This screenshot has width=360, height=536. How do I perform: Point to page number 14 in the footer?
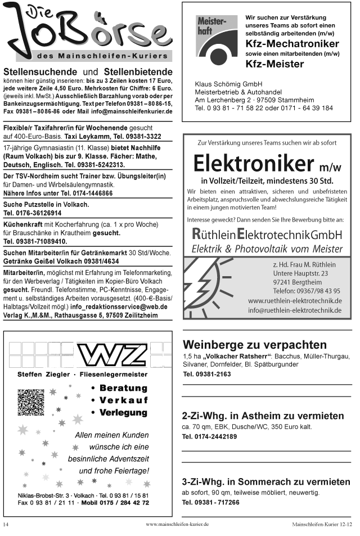6,524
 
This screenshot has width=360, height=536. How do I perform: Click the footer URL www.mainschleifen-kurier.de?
177,524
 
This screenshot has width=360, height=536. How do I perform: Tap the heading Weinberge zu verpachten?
254,344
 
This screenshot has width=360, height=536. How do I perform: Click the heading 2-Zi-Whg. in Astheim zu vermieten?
263,416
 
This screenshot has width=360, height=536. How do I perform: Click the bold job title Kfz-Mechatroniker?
292,44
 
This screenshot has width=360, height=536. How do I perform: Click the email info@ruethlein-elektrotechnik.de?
295,310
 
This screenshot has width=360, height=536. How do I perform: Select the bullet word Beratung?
123,388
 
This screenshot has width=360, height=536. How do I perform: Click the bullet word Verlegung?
123,413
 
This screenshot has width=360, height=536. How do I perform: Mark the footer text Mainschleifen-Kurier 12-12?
322,524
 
